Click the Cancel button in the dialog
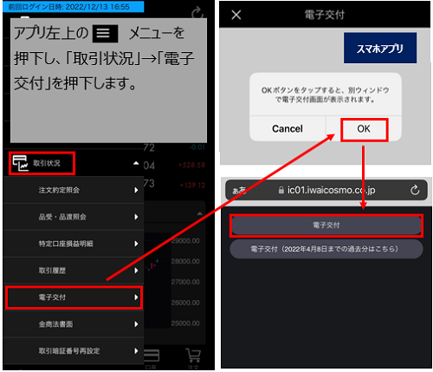pyautogui.click(x=287, y=128)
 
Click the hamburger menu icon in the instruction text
pyautogui.click(x=106, y=35)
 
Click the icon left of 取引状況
pyautogui.click(x=19, y=162)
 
